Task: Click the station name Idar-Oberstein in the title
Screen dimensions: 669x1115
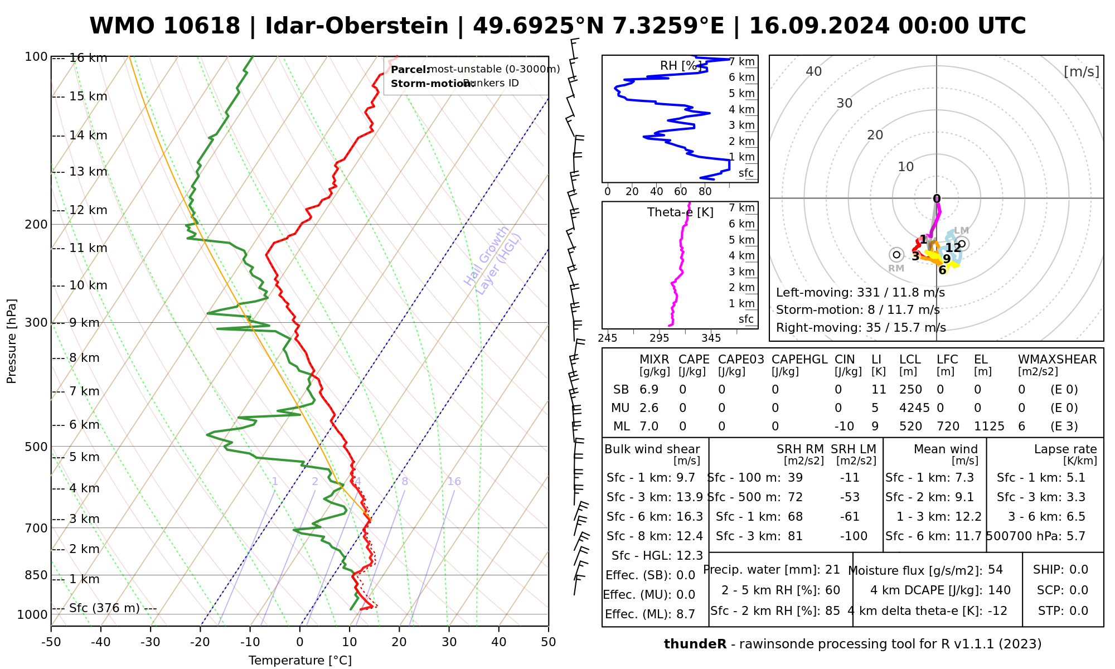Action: click(356, 26)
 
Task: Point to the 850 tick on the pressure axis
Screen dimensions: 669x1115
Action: click(36, 575)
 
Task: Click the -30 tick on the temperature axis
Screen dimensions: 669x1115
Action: click(151, 642)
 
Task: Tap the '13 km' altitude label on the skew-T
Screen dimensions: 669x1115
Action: click(88, 172)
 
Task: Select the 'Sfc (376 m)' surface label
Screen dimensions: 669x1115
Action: click(104, 608)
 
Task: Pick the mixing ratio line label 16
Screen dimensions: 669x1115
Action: click(454, 482)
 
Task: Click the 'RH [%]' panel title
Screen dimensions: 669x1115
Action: click(680, 66)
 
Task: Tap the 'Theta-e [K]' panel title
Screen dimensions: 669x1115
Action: click(680, 212)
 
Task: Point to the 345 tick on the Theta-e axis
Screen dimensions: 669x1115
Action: click(711, 338)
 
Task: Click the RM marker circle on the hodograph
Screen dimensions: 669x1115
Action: click(896, 255)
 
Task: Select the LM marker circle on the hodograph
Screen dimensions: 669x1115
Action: click(962, 244)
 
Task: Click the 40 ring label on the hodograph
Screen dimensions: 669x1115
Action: click(814, 71)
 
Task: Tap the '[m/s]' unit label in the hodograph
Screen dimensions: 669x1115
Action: click(1081, 72)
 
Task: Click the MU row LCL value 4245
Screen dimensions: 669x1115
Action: click(914, 408)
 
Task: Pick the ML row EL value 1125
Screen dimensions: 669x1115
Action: click(989, 426)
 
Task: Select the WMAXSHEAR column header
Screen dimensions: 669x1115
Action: click(1057, 360)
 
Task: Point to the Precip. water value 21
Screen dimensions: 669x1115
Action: click(832, 570)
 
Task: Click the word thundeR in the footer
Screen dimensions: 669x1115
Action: click(695, 644)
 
